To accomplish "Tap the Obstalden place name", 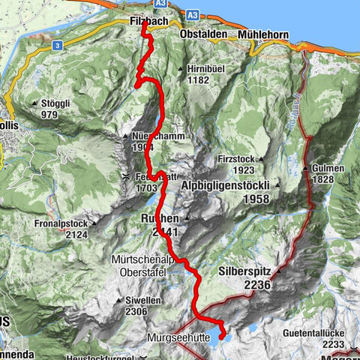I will tap(205, 35).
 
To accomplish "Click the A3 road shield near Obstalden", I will tap(193, 14).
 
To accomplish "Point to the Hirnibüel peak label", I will tap(203, 68).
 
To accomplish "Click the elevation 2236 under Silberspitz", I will tap(256, 286).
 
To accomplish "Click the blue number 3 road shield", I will tap(57, 46).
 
